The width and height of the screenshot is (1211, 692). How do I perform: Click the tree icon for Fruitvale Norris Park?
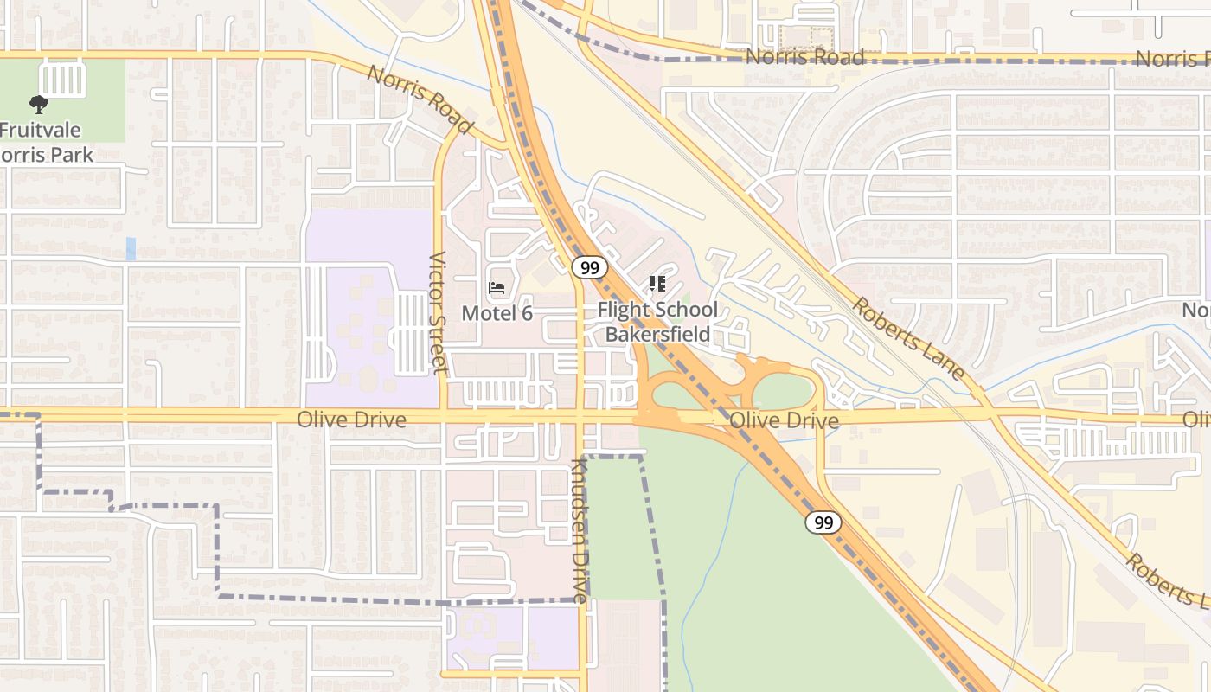click(38, 105)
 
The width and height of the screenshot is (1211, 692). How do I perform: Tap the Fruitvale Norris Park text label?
click(43, 143)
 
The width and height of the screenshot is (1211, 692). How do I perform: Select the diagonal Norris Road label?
click(420, 99)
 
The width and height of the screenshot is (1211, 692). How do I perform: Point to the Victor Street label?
click(439, 312)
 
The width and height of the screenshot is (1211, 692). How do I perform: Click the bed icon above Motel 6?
click(497, 288)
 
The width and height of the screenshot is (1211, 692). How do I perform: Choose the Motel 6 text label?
click(497, 313)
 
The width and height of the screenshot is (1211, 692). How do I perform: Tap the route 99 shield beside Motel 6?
click(590, 267)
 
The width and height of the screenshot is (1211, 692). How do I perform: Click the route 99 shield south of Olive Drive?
click(823, 522)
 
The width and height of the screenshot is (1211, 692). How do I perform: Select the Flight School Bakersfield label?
click(657, 322)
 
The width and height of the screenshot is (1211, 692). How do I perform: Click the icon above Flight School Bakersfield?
click(657, 283)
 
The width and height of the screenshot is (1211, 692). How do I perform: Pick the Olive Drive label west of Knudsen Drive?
click(351, 420)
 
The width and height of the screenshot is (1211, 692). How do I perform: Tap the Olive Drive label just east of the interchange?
click(784, 421)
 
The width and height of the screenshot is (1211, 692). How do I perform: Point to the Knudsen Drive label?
click(579, 530)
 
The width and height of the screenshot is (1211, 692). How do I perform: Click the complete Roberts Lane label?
click(907, 338)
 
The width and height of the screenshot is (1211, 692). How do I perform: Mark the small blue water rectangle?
click(131, 248)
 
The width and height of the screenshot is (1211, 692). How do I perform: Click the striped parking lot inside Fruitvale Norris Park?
click(61, 80)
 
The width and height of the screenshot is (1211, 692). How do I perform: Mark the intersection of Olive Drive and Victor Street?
click(443, 416)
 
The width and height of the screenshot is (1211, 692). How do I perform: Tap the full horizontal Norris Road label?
click(804, 57)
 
